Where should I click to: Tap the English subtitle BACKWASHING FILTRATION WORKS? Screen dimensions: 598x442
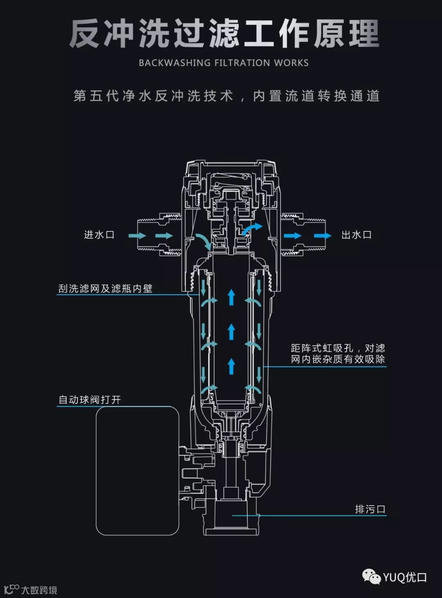[223, 63]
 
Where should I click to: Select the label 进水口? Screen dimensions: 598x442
[99, 235]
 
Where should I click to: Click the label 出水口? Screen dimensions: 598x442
[356, 235]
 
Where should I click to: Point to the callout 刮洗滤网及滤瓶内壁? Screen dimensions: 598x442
[105, 289]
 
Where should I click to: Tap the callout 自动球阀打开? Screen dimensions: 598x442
[90, 399]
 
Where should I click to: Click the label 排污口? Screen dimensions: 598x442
[370, 509]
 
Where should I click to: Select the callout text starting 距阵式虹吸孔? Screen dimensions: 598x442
[338, 354]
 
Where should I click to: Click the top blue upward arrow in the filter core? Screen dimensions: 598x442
[231, 297]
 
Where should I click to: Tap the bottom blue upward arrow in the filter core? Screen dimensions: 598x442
[231, 366]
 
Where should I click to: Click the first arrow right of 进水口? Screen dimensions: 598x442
[137, 235]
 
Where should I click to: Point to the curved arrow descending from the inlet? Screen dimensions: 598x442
[203, 242]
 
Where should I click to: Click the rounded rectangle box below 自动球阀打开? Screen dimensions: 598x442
[138, 470]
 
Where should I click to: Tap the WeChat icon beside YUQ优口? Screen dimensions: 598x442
[371, 577]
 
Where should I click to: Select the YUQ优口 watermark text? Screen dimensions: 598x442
[405, 577]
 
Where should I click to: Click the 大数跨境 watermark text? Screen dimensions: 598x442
[39, 590]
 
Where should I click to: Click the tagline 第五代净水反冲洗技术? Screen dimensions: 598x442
[153, 96]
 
